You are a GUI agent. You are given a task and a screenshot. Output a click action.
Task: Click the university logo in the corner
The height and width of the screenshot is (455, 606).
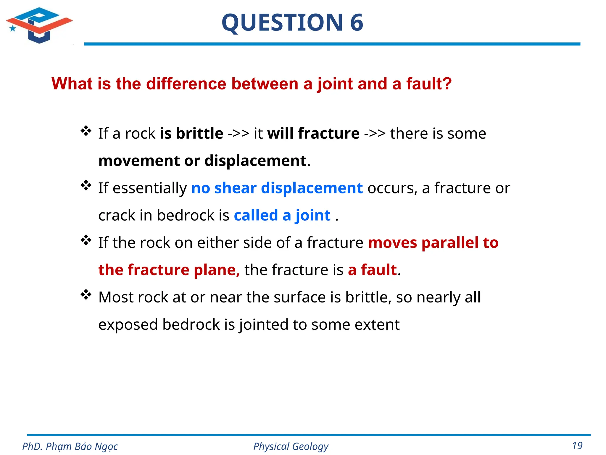tap(39, 25)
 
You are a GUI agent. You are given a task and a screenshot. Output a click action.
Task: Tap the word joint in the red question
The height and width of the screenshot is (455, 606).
tap(335, 84)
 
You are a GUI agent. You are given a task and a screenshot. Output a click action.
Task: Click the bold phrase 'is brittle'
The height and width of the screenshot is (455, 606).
tap(191, 133)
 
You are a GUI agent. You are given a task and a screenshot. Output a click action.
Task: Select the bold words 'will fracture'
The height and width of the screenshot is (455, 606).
tap(313, 133)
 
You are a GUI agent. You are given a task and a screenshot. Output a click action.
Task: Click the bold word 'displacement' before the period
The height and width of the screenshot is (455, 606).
tap(255, 161)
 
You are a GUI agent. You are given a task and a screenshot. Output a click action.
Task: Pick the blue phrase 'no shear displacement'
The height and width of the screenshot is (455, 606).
tap(277, 188)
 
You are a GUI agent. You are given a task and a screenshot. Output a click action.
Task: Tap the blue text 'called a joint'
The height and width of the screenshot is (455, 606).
tap(282, 215)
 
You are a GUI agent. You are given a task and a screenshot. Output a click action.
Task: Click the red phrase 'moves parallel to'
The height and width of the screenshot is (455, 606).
tap(433, 243)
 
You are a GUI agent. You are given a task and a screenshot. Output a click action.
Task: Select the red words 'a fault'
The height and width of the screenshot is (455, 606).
tap(372, 270)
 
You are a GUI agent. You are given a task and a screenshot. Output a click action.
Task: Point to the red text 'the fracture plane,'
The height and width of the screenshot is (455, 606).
tap(169, 270)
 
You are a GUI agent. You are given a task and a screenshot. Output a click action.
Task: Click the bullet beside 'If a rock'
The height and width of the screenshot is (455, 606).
tap(86, 131)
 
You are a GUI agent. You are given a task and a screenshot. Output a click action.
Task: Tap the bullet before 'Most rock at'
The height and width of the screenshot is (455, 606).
tap(86, 294)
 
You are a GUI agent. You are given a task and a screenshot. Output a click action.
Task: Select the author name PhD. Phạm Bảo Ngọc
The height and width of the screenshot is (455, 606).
tap(70, 446)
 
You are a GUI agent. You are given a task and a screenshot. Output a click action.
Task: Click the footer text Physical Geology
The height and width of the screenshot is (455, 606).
tap(291, 446)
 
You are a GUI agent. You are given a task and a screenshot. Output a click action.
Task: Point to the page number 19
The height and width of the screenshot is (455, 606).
tap(577, 446)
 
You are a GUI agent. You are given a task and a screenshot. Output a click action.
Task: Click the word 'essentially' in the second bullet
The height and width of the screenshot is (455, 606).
tap(150, 188)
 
